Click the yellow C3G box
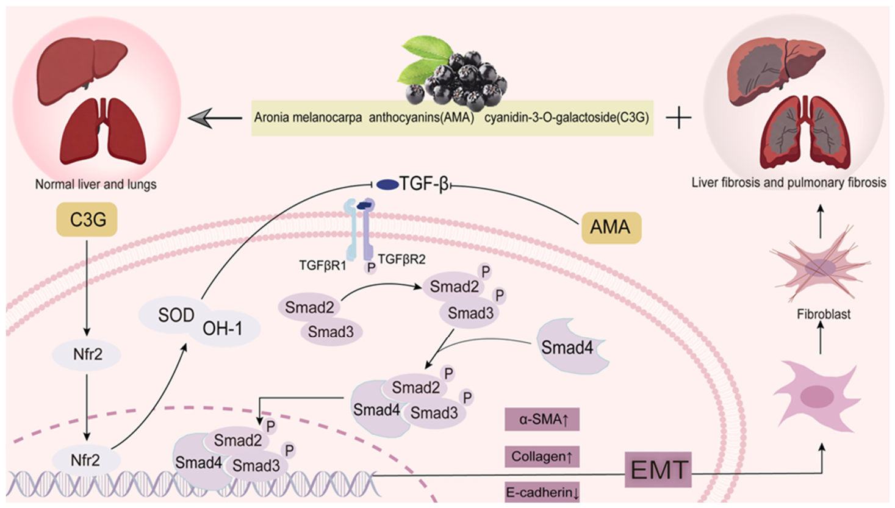click(87, 220)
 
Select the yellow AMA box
click(611, 227)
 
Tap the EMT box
click(658, 469)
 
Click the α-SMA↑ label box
click(542, 419)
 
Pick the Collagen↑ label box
click(542, 456)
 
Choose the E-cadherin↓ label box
click(542, 492)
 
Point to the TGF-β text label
click(424, 184)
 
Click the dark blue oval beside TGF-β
click(387, 185)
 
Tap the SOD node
click(176, 315)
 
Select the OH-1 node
click(223, 329)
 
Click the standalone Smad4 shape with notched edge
click(572, 346)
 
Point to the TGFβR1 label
click(323, 265)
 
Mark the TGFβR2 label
click(401, 259)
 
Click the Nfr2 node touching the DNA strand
click(85, 460)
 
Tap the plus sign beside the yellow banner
click(678, 118)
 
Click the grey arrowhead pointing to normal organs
click(199, 118)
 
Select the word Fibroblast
click(824, 314)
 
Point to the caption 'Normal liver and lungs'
click(96, 185)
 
